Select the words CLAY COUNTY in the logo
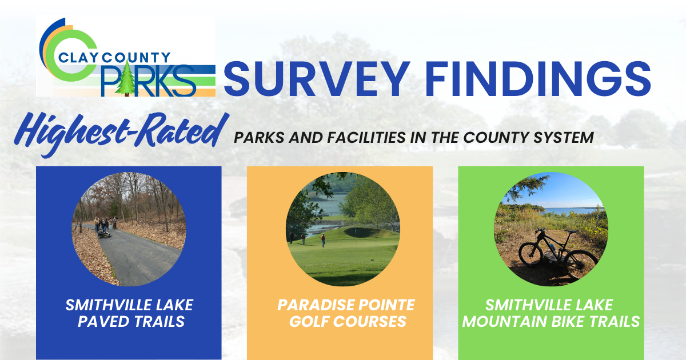tap(115, 58)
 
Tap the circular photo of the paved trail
tap(129, 229)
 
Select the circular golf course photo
tap(342, 229)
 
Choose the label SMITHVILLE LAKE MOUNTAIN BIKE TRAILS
tap(551, 313)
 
